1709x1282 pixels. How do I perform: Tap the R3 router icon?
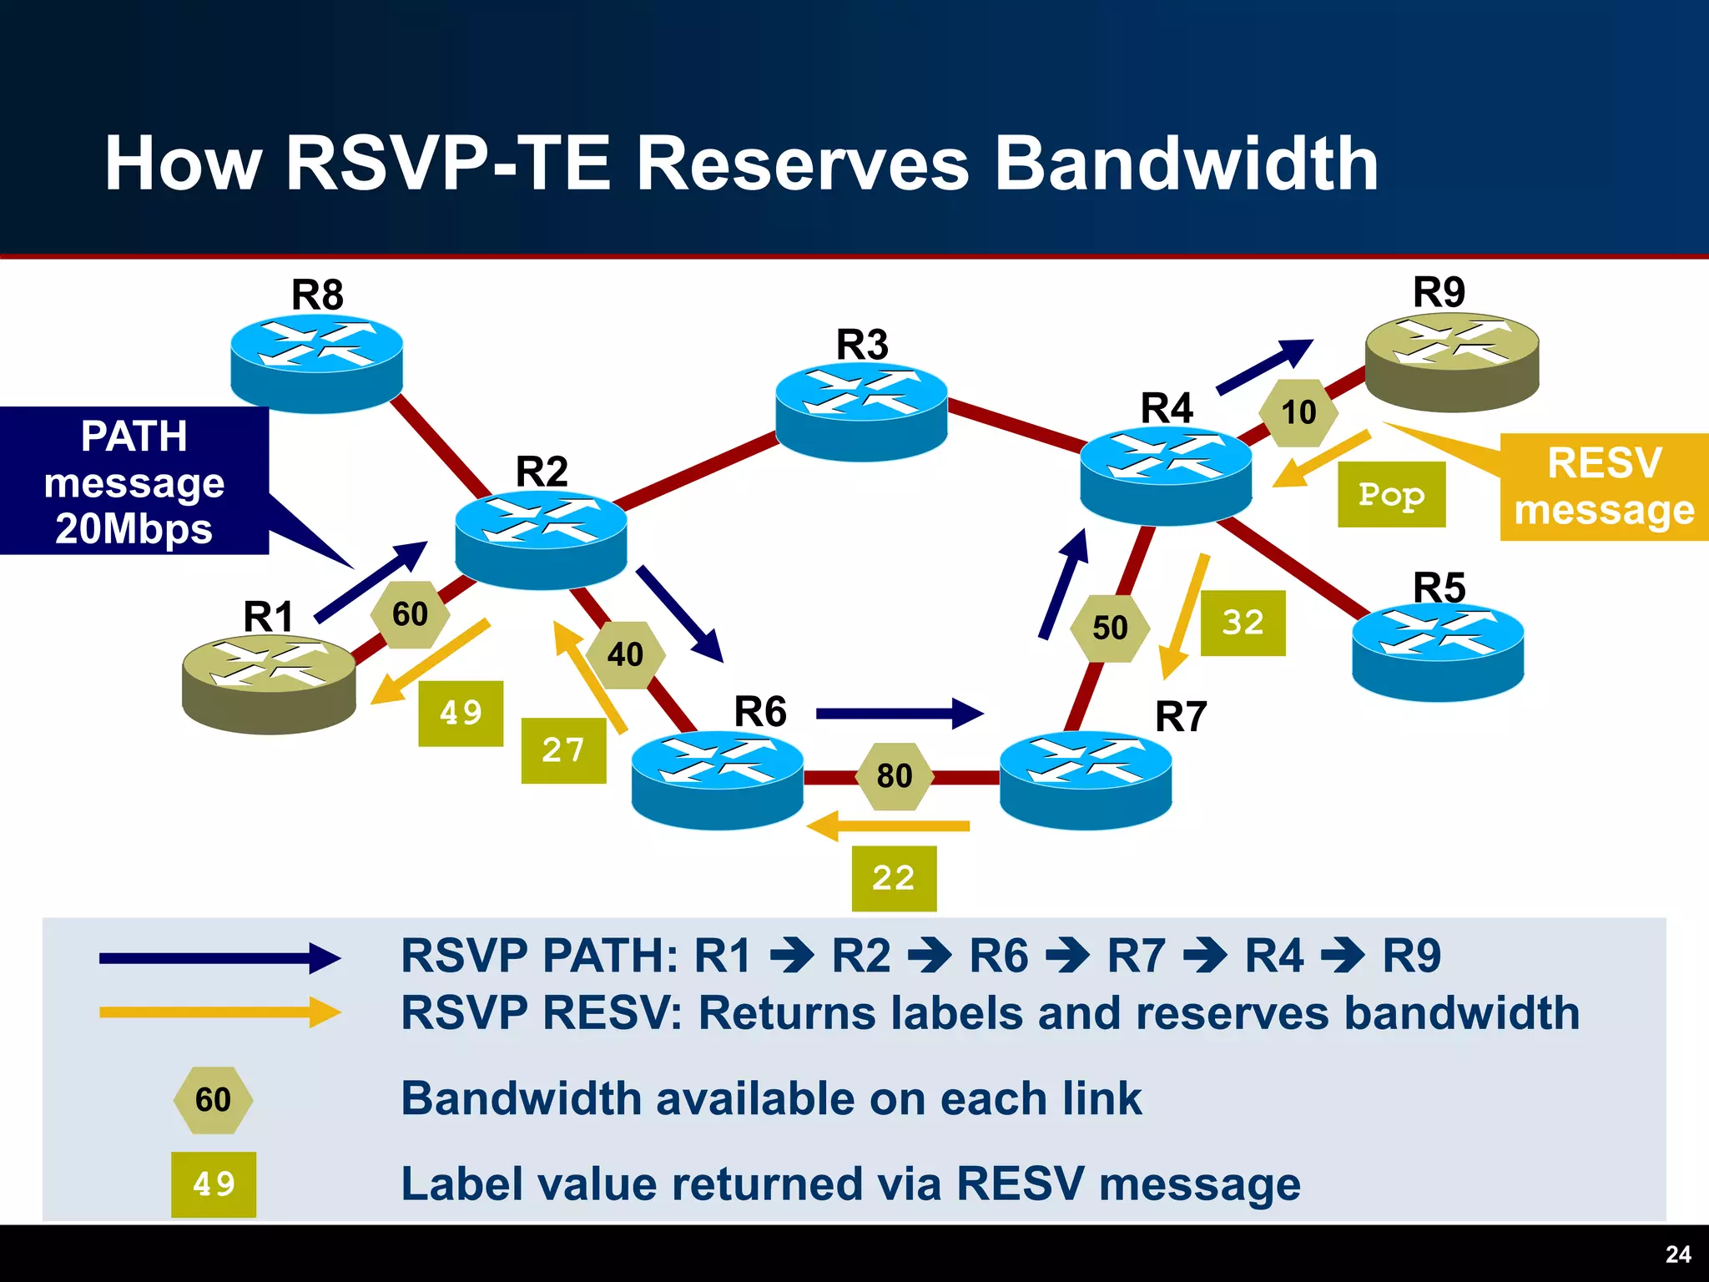(x=861, y=411)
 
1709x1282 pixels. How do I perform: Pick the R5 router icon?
(x=1438, y=651)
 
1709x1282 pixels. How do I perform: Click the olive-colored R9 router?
(x=1452, y=361)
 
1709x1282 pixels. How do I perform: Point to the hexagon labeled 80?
(x=895, y=776)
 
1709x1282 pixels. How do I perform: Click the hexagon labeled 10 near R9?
(x=1298, y=412)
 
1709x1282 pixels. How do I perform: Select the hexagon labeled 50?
(x=1110, y=628)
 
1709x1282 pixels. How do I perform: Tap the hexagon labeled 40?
(x=625, y=654)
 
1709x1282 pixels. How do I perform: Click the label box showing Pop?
(x=1391, y=494)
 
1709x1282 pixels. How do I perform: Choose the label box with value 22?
(x=894, y=878)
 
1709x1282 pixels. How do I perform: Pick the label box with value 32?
(x=1243, y=623)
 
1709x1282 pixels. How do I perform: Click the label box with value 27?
(x=563, y=750)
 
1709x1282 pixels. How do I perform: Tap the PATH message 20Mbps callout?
(x=134, y=482)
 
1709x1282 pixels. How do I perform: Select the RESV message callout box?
(x=1604, y=487)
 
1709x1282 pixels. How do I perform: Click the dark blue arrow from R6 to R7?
(x=899, y=714)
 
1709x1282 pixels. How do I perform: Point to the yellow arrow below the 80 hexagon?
(x=889, y=825)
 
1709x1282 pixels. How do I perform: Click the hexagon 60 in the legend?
(x=213, y=1099)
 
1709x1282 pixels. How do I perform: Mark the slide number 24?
(x=1677, y=1254)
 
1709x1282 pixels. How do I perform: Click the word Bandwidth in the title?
(x=1186, y=164)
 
